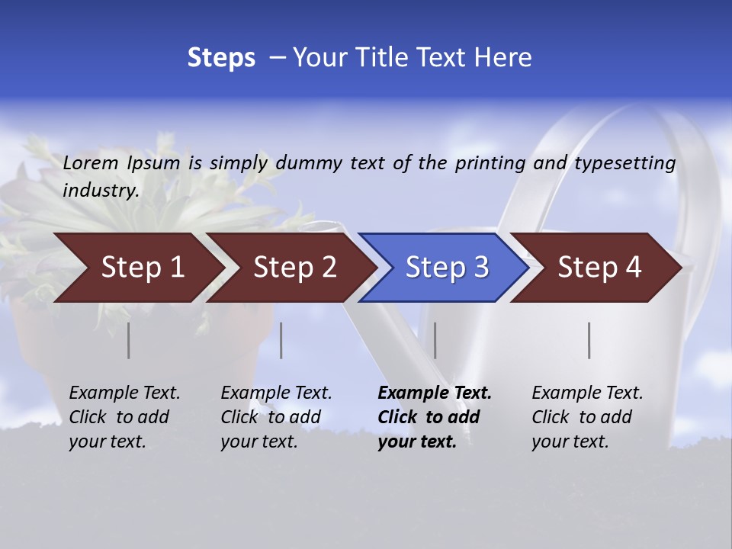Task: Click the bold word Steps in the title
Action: [221, 58]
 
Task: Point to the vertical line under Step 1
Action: [129, 340]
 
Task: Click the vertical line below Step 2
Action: [281, 340]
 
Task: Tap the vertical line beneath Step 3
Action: [435, 340]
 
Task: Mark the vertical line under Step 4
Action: [589, 340]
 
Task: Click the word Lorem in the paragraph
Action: [91, 162]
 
